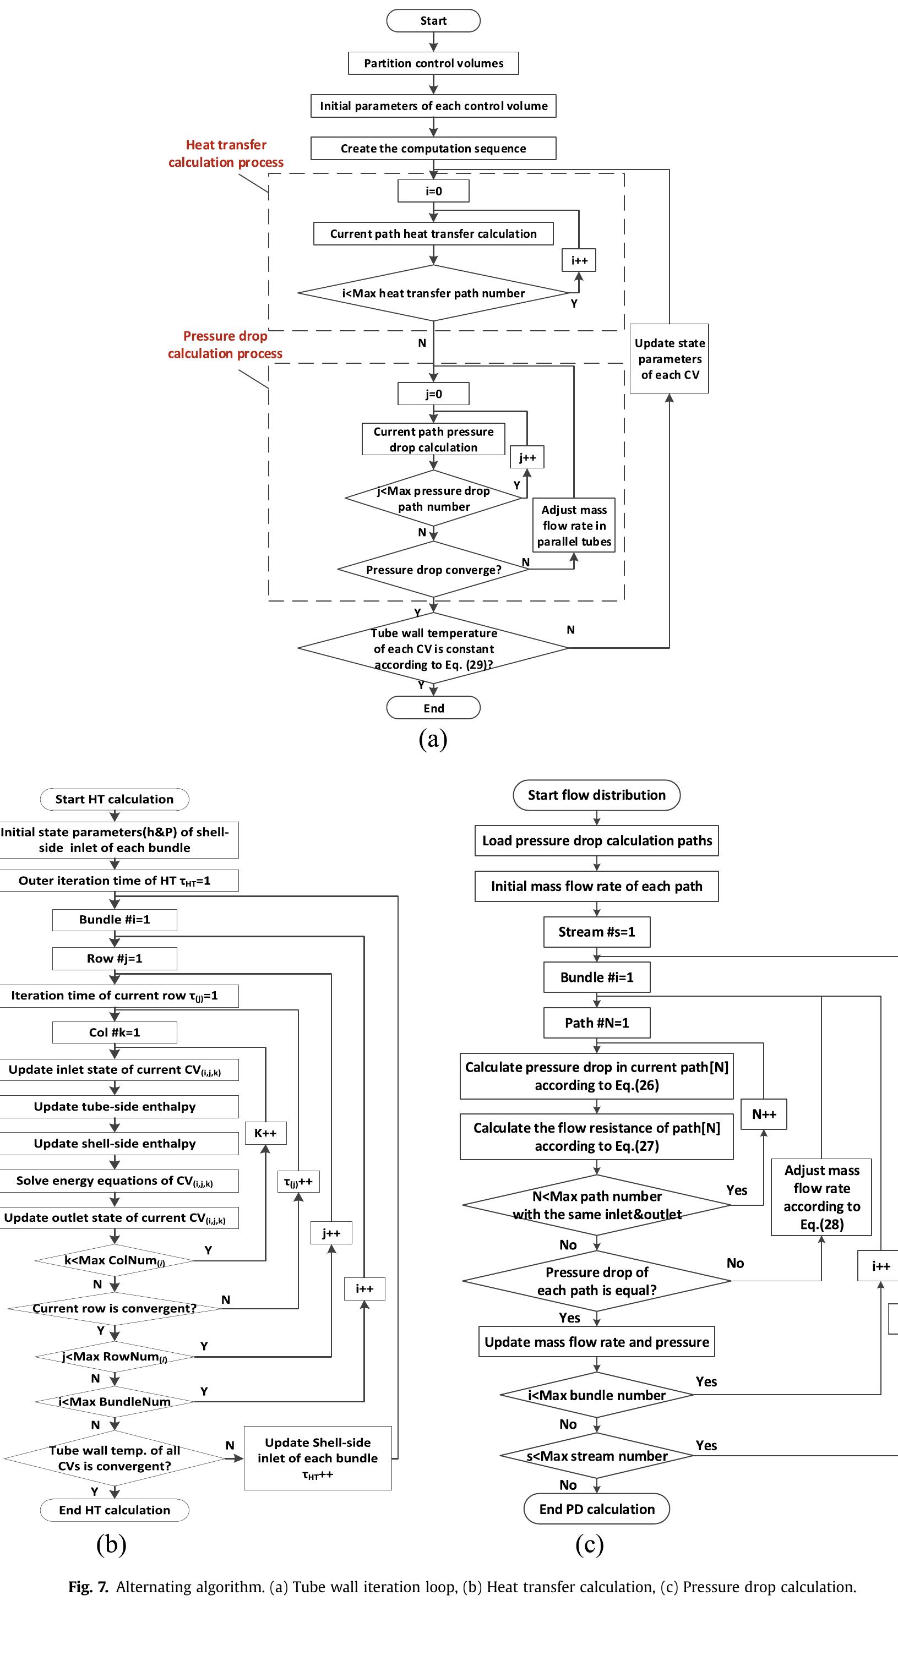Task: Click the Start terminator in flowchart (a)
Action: [433, 20]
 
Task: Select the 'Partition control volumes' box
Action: [433, 63]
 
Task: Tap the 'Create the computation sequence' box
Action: [433, 148]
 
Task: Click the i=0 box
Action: [433, 191]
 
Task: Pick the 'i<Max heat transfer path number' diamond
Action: [433, 293]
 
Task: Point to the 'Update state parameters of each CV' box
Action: [669, 358]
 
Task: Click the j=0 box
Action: [433, 394]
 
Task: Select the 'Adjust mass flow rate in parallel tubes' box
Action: [574, 526]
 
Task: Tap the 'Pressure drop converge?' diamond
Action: [433, 570]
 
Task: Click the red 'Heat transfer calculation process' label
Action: [226, 154]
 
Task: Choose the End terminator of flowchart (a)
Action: [433, 708]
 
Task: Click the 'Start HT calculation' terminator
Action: [114, 799]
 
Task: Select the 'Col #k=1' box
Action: [114, 1032]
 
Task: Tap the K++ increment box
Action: [265, 1133]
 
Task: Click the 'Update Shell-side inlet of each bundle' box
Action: [317, 1458]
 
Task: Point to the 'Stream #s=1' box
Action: [597, 932]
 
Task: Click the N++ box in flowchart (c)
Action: [764, 1114]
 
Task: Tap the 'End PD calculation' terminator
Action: [597, 1509]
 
